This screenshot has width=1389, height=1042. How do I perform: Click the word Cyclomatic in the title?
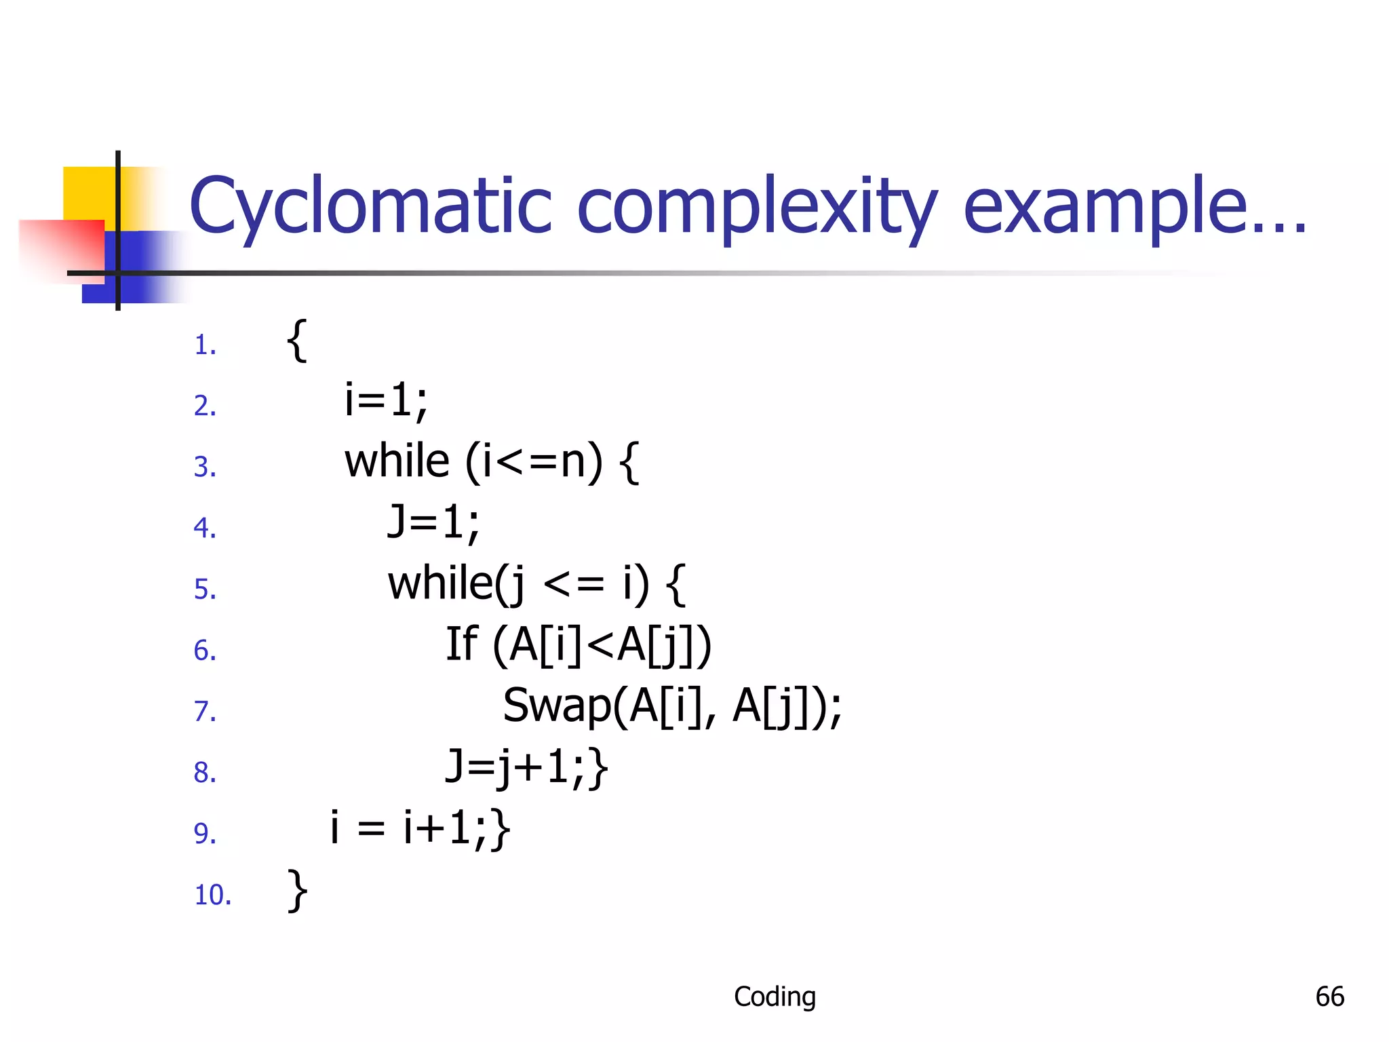(370, 207)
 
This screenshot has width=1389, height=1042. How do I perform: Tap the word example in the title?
(1106, 207)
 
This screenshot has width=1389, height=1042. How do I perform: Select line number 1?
(205, 345)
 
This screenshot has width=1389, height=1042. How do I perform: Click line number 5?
(205, 589)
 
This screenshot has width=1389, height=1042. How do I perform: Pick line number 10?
(213, 895)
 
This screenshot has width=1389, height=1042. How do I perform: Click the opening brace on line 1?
(297, 341)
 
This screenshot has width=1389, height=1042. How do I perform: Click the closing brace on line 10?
(297, 891)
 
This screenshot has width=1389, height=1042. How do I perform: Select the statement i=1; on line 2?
(386, 400)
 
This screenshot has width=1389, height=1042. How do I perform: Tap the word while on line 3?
(397, 461)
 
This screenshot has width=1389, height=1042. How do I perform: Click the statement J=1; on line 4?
(433, 522)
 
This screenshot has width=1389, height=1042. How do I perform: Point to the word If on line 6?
(461, 644)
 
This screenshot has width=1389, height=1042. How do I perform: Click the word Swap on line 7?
(556, 706)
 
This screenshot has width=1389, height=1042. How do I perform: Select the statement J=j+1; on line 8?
(515, 767)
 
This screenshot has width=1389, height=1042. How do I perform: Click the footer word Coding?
(775, 997)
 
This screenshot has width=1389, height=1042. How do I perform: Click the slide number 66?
(1329, 997)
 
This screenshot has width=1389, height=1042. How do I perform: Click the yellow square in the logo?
(88, 193)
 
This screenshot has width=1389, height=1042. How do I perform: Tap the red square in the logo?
(61, 248)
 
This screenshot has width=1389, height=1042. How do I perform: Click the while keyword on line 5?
(439, 583)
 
